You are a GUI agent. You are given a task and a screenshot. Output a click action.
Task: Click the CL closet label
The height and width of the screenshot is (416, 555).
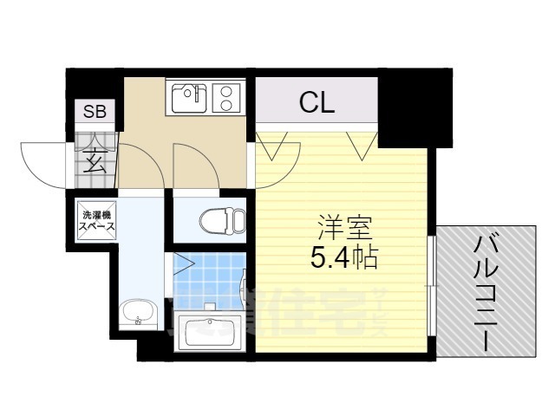pos(317,104)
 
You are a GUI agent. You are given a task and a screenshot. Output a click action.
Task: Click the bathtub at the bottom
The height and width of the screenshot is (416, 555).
pos(209,328)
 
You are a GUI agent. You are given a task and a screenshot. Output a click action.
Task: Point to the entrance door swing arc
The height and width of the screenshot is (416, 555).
pos(43,160)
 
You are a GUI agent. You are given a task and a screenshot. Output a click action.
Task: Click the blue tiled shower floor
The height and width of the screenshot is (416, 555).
pos(208,282)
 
